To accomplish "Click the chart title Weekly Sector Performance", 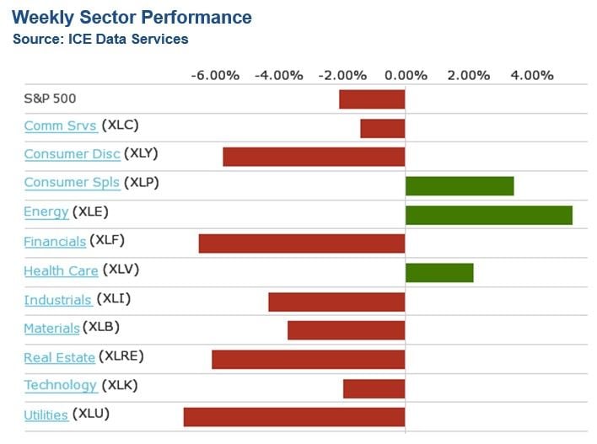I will pos(132,17).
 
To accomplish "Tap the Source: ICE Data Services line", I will pos(100,39).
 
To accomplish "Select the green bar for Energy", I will pos(488,214).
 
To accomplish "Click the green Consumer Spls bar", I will pos(460,185).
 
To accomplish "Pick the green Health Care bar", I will pos(439,272).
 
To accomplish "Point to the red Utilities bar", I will pos(294,416).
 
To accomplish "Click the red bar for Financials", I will pos(302,243).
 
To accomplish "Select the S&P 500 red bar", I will pos(372,99).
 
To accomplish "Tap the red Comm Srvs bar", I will pos(383,128).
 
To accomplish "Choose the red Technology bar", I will pos(374,388).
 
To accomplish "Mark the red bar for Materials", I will pos(347,329).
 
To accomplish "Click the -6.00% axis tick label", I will pos(215,75).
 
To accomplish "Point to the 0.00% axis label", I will pos(405,75).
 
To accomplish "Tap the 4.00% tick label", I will pos(531,75).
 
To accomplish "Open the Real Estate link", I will pos(59,357).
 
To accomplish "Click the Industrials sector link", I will pos(57,300).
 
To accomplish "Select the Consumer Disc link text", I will pos(72,154).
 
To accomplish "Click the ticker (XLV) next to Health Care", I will pos(121,270).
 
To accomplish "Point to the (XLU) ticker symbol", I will pos(91,414).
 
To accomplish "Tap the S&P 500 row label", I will pos(50,98).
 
